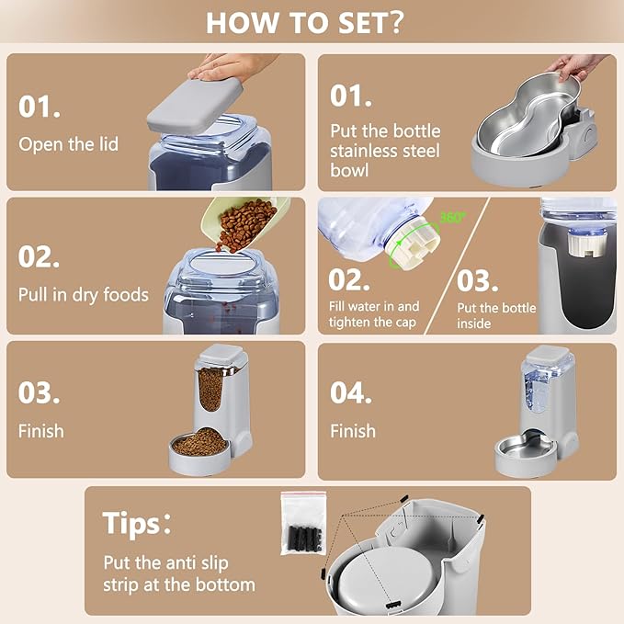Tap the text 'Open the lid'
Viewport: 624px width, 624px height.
pos(68,144)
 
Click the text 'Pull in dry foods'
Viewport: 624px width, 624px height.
pos(83,295)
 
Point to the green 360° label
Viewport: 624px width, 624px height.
pos(451,219)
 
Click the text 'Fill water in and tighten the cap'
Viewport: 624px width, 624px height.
pos(374,314)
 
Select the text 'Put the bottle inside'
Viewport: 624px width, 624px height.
pos(495,315)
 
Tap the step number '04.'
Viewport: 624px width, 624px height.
pos(351,392)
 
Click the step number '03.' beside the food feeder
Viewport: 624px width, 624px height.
pos(40,392)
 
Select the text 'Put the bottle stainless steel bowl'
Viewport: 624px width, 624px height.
pos(385,151)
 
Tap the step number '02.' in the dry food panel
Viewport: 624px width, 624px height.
pos(40,256)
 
